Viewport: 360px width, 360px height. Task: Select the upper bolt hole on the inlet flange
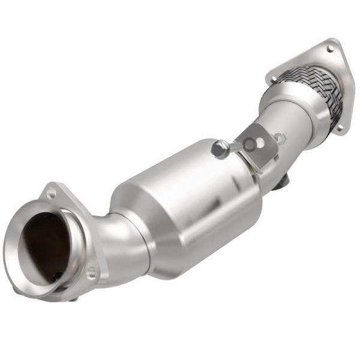pos(52,193)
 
